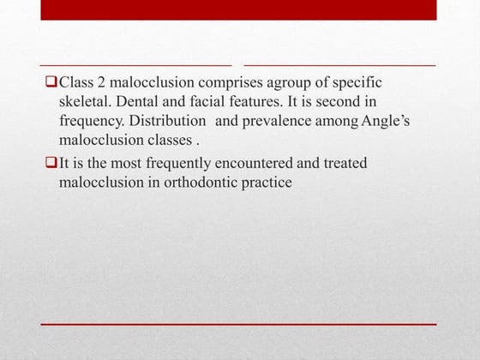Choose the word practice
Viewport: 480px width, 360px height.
tap(266, 182)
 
